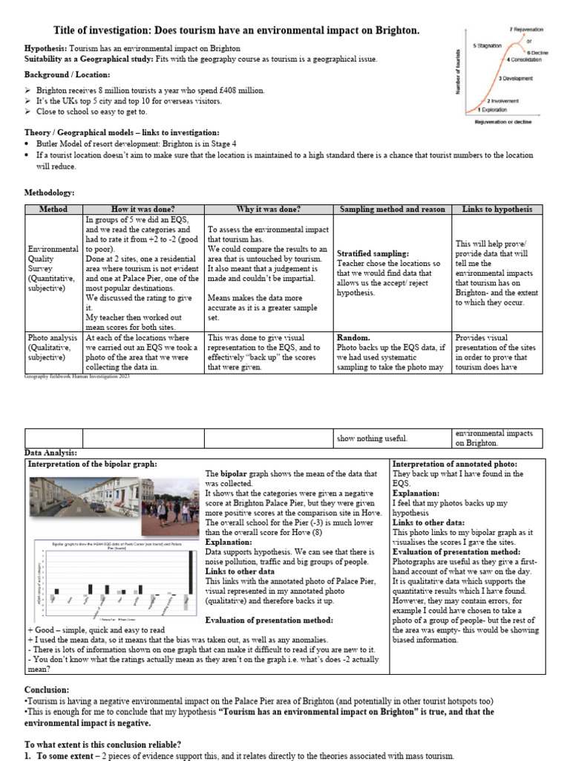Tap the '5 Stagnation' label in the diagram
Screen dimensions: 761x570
coord(488,45)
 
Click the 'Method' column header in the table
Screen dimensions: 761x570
coord(53,210)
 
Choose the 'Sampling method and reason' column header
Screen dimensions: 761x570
coord(392,210)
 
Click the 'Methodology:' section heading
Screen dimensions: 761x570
coord(50,192)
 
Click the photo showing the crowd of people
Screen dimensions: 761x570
coord(177,500)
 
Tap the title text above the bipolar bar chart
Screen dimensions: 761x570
coord(111,545)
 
